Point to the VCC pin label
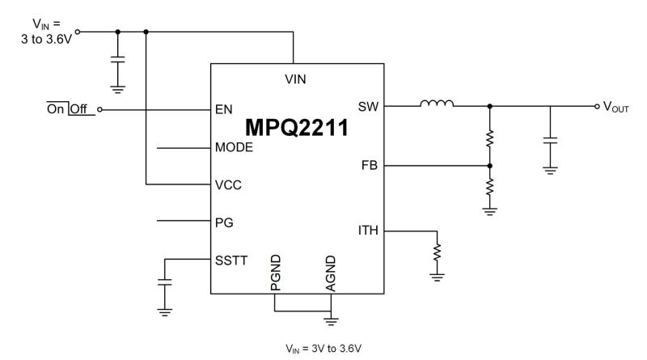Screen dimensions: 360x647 229,184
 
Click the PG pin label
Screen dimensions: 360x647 224,220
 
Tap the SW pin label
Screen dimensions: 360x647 368,106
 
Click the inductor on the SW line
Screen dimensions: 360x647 437,103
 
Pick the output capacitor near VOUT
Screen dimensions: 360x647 550,139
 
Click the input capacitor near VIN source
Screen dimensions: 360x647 118,59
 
